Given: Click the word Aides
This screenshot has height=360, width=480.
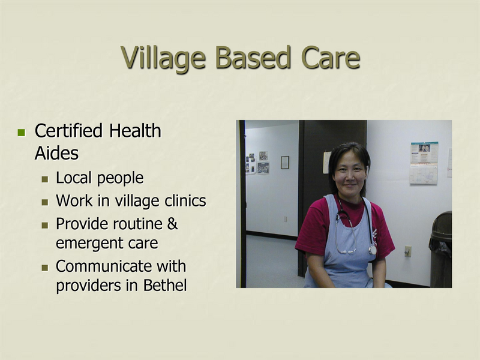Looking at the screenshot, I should tap(56, 154).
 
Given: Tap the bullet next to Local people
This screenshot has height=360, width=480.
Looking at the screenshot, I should tap(45, 179).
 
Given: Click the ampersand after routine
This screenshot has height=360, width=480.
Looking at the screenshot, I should tap(172, 224).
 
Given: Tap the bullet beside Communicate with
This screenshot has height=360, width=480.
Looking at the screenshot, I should tap(45, 267).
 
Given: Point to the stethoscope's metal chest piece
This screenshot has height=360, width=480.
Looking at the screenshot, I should tap(373, 249).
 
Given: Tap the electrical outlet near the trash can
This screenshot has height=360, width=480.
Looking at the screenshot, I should tap(408, 251).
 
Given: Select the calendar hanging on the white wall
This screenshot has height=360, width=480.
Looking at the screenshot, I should tap(424, 163).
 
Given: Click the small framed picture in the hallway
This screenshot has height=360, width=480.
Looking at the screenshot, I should tap(284, 162).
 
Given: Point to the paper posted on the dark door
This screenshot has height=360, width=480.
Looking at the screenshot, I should tap(326, 162).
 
